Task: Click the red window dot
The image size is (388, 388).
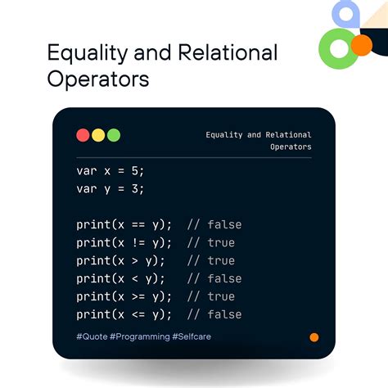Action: (x=83, y=135)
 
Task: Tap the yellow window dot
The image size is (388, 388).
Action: (x=98, y=135)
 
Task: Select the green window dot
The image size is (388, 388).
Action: (x=114, y=135)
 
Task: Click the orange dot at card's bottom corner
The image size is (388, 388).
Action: (x=314, y=337)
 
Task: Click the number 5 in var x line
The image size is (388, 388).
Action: (x=138, y=171)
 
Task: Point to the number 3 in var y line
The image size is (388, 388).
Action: (x=138, y=189)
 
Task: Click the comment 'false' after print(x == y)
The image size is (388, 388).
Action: (x=224, y=225)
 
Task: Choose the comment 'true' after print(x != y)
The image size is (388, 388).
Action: (x=221, y=243)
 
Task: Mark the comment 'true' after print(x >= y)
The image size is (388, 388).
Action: (x=221, y=297)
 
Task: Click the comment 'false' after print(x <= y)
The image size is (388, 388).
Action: (x=224, y=315)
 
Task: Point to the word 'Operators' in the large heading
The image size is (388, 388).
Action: (x=98, y=80)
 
